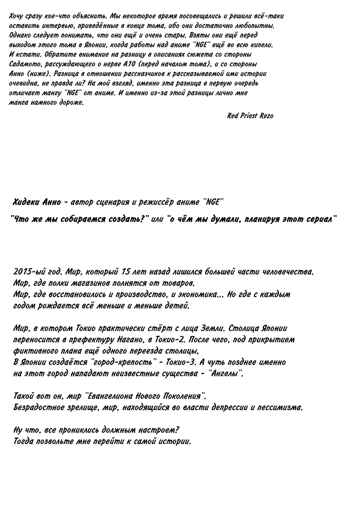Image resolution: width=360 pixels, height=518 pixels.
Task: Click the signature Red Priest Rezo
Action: click(x=250, y=116)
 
